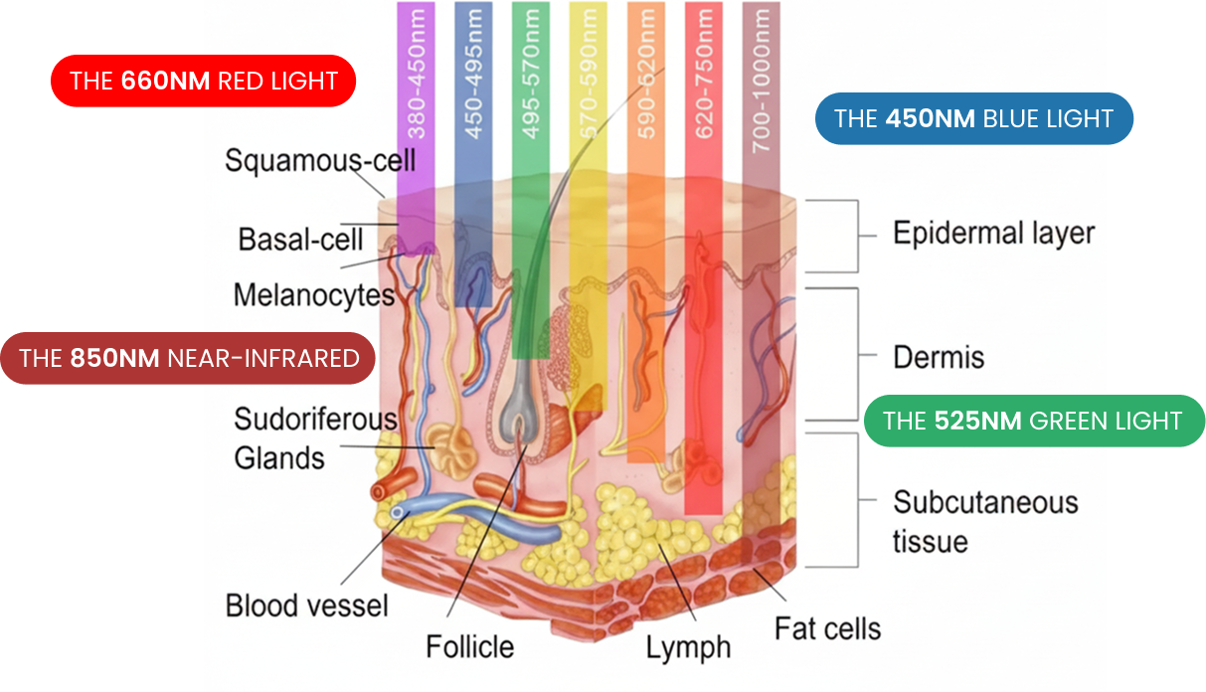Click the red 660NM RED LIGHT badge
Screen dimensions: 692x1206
[x=203, y=81]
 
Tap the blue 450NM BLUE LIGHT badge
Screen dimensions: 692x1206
[x=973, y=119]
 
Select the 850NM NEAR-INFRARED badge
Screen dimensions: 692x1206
[x=188, y=358]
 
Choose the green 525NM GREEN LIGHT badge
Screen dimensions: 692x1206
[x=1033, y=421]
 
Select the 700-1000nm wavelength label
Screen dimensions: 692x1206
[x=762, y=80]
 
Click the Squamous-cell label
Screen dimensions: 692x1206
[x=319, y=160]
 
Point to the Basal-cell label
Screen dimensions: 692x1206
[x=300, y=240]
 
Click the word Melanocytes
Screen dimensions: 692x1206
[x=314, y=295]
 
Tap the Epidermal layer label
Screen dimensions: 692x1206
[x=993, y=234]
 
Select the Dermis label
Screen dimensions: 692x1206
[x=938, y=357]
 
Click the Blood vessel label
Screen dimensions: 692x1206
[x=306, y=605]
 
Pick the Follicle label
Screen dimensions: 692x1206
[x=469, y=647]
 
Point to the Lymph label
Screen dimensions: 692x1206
[x=688, y=648]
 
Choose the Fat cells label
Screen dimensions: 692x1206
[x=827, y=628]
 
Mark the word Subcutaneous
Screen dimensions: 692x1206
[x=984, y=502]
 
